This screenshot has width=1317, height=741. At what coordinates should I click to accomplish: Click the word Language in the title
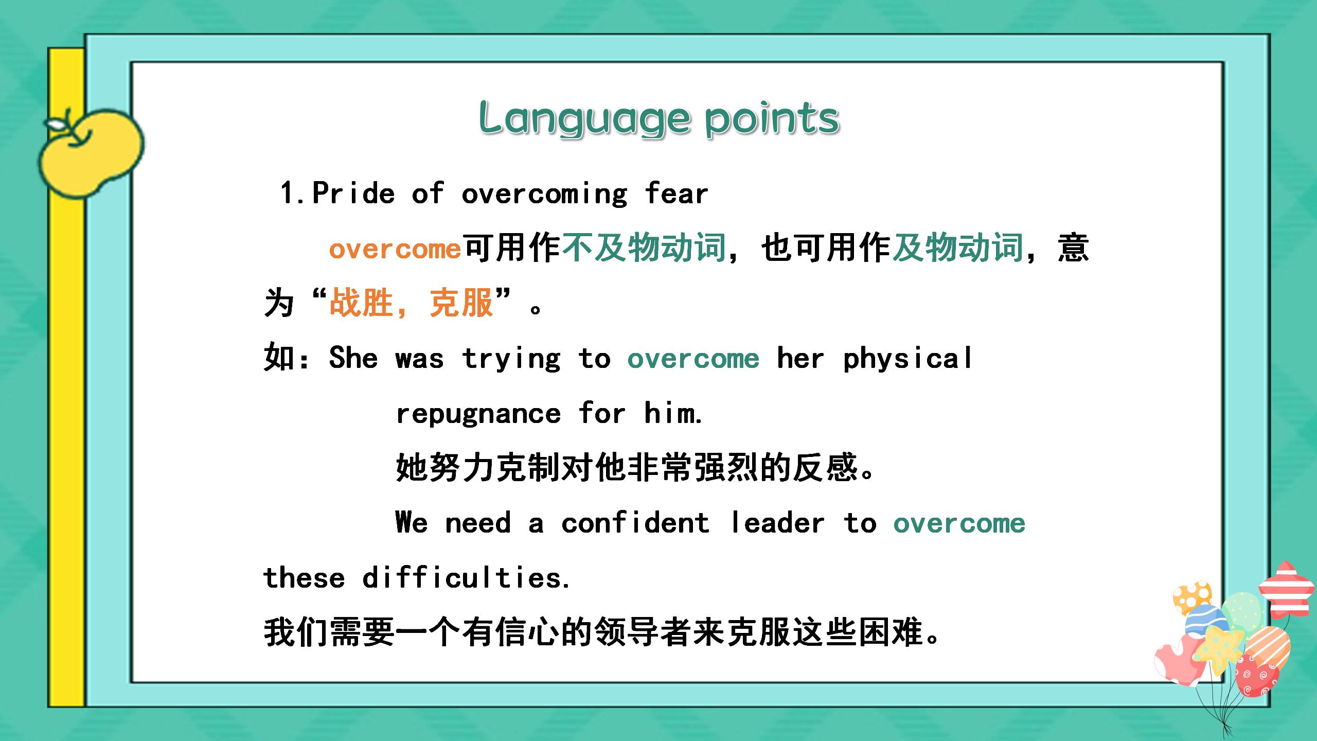584,118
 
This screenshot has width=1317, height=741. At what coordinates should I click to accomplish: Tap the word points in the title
772,118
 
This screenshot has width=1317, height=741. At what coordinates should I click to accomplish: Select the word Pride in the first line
353,194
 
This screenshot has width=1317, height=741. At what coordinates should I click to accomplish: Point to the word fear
676,194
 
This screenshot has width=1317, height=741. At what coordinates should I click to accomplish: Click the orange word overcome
395,250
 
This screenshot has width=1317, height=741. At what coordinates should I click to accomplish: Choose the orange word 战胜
361,303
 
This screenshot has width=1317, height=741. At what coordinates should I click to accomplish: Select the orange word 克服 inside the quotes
461,303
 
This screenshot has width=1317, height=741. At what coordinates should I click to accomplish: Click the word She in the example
353,358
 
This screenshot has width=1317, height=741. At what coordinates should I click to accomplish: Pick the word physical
908,359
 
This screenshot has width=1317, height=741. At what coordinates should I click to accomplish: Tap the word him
673,413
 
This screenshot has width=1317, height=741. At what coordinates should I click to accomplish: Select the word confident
635,523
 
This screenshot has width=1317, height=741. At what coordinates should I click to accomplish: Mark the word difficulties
466,578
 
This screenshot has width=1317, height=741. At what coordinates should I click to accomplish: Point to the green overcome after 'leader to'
959,523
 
